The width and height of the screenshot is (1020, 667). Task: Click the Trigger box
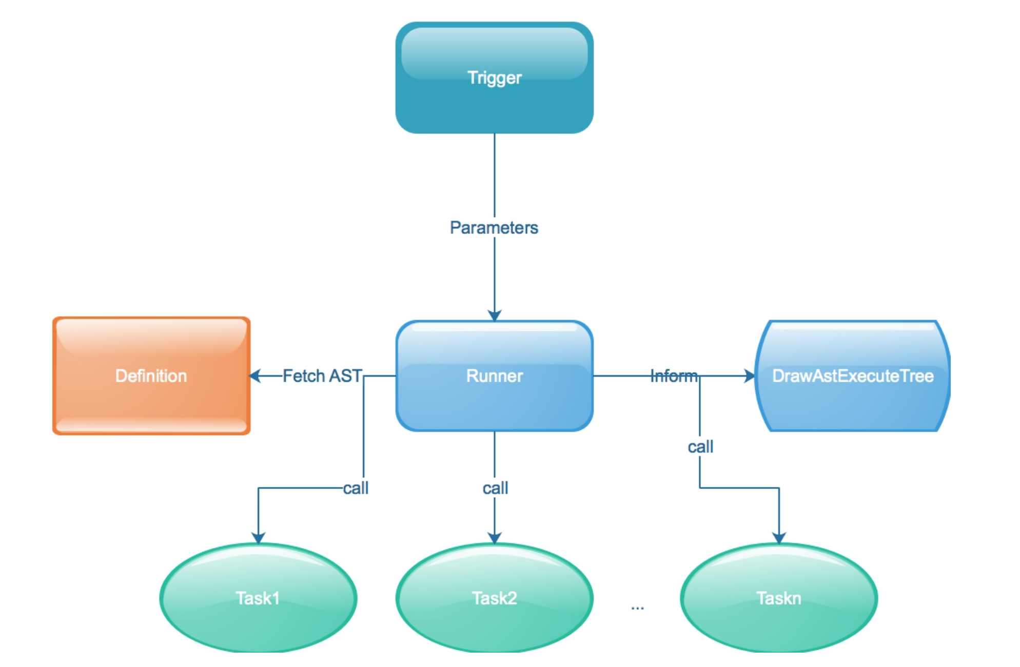pos(494,78)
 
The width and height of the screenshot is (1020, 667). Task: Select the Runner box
pos(494,376)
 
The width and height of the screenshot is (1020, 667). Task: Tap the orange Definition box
pos(151,376)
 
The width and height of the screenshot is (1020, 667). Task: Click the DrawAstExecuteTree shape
pos(852,376)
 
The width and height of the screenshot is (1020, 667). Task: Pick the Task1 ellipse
pos(258,598)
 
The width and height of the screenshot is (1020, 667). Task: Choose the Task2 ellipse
pos(494,598)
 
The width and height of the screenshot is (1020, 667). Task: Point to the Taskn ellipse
pos(779,598)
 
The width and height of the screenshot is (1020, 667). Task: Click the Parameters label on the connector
pos(494,228)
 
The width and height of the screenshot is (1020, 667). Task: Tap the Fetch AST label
pos(322,376)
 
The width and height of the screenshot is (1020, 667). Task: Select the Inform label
pos(674,376)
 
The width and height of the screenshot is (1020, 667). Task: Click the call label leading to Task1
pos(356,488)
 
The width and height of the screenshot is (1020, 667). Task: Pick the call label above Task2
pos(495,488)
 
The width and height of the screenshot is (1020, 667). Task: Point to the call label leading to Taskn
pos(700,447)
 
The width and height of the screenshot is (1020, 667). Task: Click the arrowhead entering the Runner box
pos(494,315)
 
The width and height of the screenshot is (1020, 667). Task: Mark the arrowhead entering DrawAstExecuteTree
pos(750,376)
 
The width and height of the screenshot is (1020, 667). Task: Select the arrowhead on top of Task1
pos(258,538)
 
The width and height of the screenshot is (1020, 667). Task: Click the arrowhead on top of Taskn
pos(779,538)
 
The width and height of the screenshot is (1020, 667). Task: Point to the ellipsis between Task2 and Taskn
pos(637,608)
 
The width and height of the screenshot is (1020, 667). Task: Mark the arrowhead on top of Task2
pos(494,538)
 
